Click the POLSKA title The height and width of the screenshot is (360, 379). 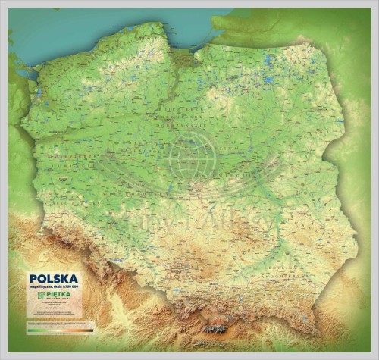[x=53, y=278]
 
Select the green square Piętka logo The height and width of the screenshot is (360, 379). [x=36, y=296]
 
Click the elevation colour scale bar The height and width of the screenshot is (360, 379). [x=60, y=330]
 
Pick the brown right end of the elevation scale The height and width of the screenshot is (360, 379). [x=90, y=330]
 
